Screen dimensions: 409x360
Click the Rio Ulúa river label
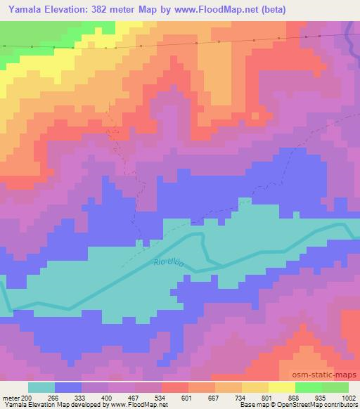click(167, 264)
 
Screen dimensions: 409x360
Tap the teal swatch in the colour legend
click(41, 387)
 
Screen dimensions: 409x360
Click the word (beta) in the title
click(309, 8)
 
